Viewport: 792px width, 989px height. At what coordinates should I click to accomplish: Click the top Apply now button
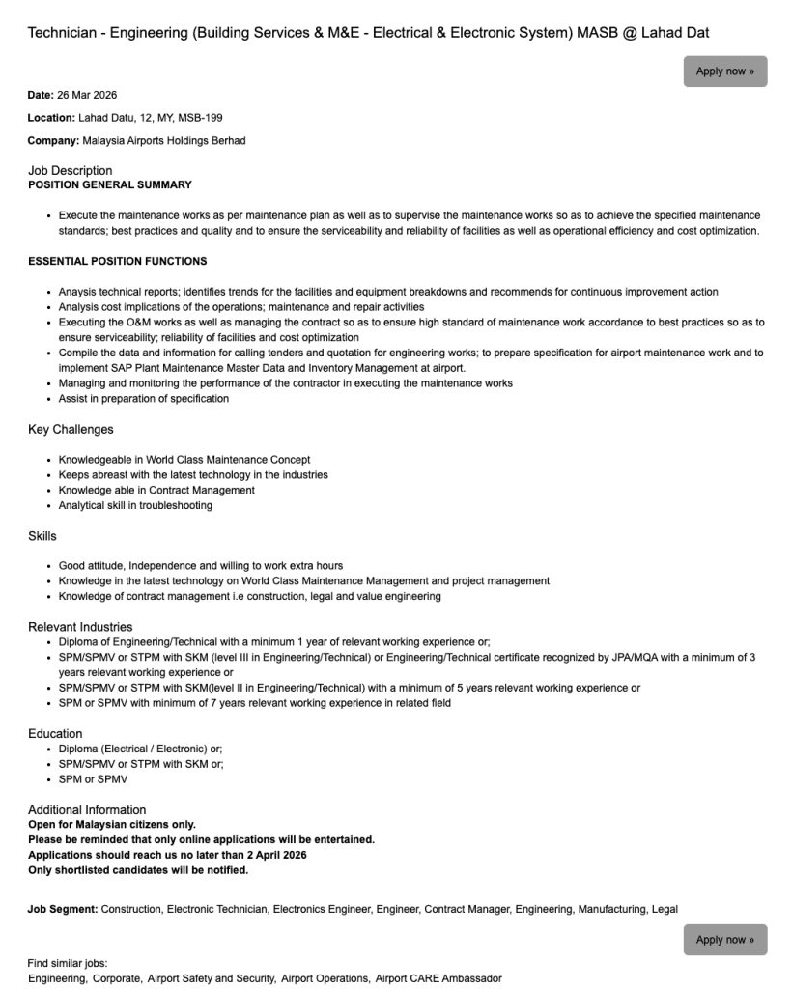pos(724,71)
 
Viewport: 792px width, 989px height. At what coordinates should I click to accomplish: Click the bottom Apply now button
pos(724,940)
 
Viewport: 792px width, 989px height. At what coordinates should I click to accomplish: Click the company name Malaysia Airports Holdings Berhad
pos(164,141)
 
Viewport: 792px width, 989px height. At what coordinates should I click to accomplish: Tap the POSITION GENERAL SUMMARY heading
pos(109,185)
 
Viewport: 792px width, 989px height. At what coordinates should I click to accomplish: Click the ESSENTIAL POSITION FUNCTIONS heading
pos(117,262)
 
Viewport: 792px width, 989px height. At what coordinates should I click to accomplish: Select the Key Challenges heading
pos(71,430)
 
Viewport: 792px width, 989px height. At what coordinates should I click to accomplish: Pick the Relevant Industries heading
pos(80,627)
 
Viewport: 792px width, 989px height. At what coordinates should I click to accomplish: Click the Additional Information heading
pos(87,810)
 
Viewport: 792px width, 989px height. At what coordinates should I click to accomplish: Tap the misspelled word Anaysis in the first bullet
pos(77,292)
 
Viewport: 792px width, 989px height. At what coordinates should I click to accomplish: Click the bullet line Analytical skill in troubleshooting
pos(135,506)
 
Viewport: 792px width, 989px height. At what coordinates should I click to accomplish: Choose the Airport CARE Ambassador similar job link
pos(438,979)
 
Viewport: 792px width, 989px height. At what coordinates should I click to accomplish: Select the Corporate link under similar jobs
pos(116,979)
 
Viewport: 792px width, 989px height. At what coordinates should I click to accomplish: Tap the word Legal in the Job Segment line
pos(665,910)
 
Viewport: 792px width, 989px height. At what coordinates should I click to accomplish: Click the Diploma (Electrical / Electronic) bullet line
pos(140,749)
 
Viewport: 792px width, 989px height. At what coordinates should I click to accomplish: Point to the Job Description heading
pos(70,171)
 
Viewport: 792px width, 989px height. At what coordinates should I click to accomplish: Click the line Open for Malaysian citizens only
pos(112,825)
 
